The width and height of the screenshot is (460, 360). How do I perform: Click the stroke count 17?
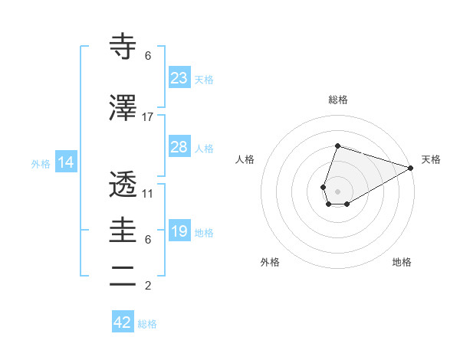pyautogui.click(x=148, y=117)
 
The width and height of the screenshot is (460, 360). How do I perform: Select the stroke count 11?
pyautogui.click(x=148, y=194)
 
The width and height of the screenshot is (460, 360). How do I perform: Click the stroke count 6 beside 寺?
pyautogui.click(x=148, y=56)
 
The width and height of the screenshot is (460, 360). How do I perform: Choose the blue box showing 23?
pyautogui.click(x=179, y=78)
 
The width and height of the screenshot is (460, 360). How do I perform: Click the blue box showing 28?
pyautogui.click(x=179, y=147)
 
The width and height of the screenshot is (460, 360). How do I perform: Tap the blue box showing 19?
pyautogui.click(x=179, y=231)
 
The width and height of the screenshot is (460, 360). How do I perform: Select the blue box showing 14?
pyautogui.click(x=65, y=162)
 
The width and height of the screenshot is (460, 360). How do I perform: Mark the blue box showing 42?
pyautogui.click(x=123, y=322)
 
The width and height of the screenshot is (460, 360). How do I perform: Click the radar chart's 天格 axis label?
pyautogui.click(x=431, y=159)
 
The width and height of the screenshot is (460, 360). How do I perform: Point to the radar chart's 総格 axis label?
pyautogui.click(x=337, y=100)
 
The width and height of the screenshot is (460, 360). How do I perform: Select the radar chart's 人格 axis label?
pyautogui.click(x=245, y=159)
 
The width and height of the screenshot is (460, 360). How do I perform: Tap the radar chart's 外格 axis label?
pyautogui.click(x=270, y=263)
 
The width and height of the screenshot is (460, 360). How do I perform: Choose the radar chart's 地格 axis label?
pyautogui.click(x=402, y=263)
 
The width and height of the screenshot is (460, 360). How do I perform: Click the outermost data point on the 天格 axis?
pyautogui.click(x=411, y=168)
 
